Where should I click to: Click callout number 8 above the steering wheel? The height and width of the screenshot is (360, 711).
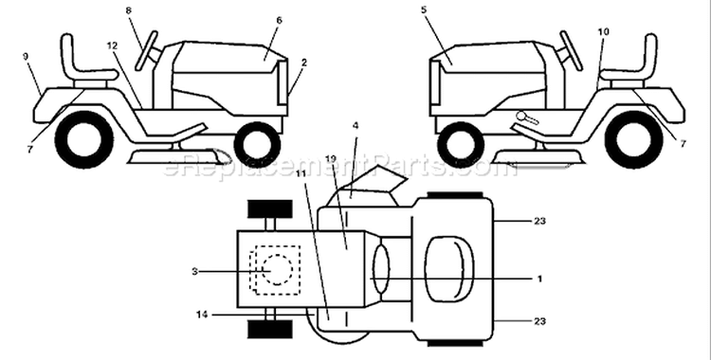[129, 10]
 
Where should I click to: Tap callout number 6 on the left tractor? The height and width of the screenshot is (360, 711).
[279, 21]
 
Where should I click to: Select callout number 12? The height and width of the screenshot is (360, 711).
[112, 45]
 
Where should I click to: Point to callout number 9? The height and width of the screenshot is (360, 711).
[26, 56]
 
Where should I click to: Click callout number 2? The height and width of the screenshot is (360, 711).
[303, 63]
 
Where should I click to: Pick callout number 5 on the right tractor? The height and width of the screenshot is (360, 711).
[424, 10]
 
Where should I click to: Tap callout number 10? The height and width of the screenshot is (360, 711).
[604, 32]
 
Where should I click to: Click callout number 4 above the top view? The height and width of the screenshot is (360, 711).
[355, 126]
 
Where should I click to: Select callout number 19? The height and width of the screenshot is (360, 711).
[331, 159]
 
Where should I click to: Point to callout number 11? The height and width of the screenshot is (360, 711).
[301, 172]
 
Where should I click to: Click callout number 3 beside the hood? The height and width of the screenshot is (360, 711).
[194, 272]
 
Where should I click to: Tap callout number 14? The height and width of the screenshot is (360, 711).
[202, 315]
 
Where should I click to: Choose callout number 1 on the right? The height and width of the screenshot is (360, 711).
[539, 279]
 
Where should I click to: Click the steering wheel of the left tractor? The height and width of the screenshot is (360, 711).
[146, 51]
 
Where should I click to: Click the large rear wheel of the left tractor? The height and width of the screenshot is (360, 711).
[83, 139]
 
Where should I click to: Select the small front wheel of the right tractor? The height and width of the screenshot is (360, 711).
[461, 145]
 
